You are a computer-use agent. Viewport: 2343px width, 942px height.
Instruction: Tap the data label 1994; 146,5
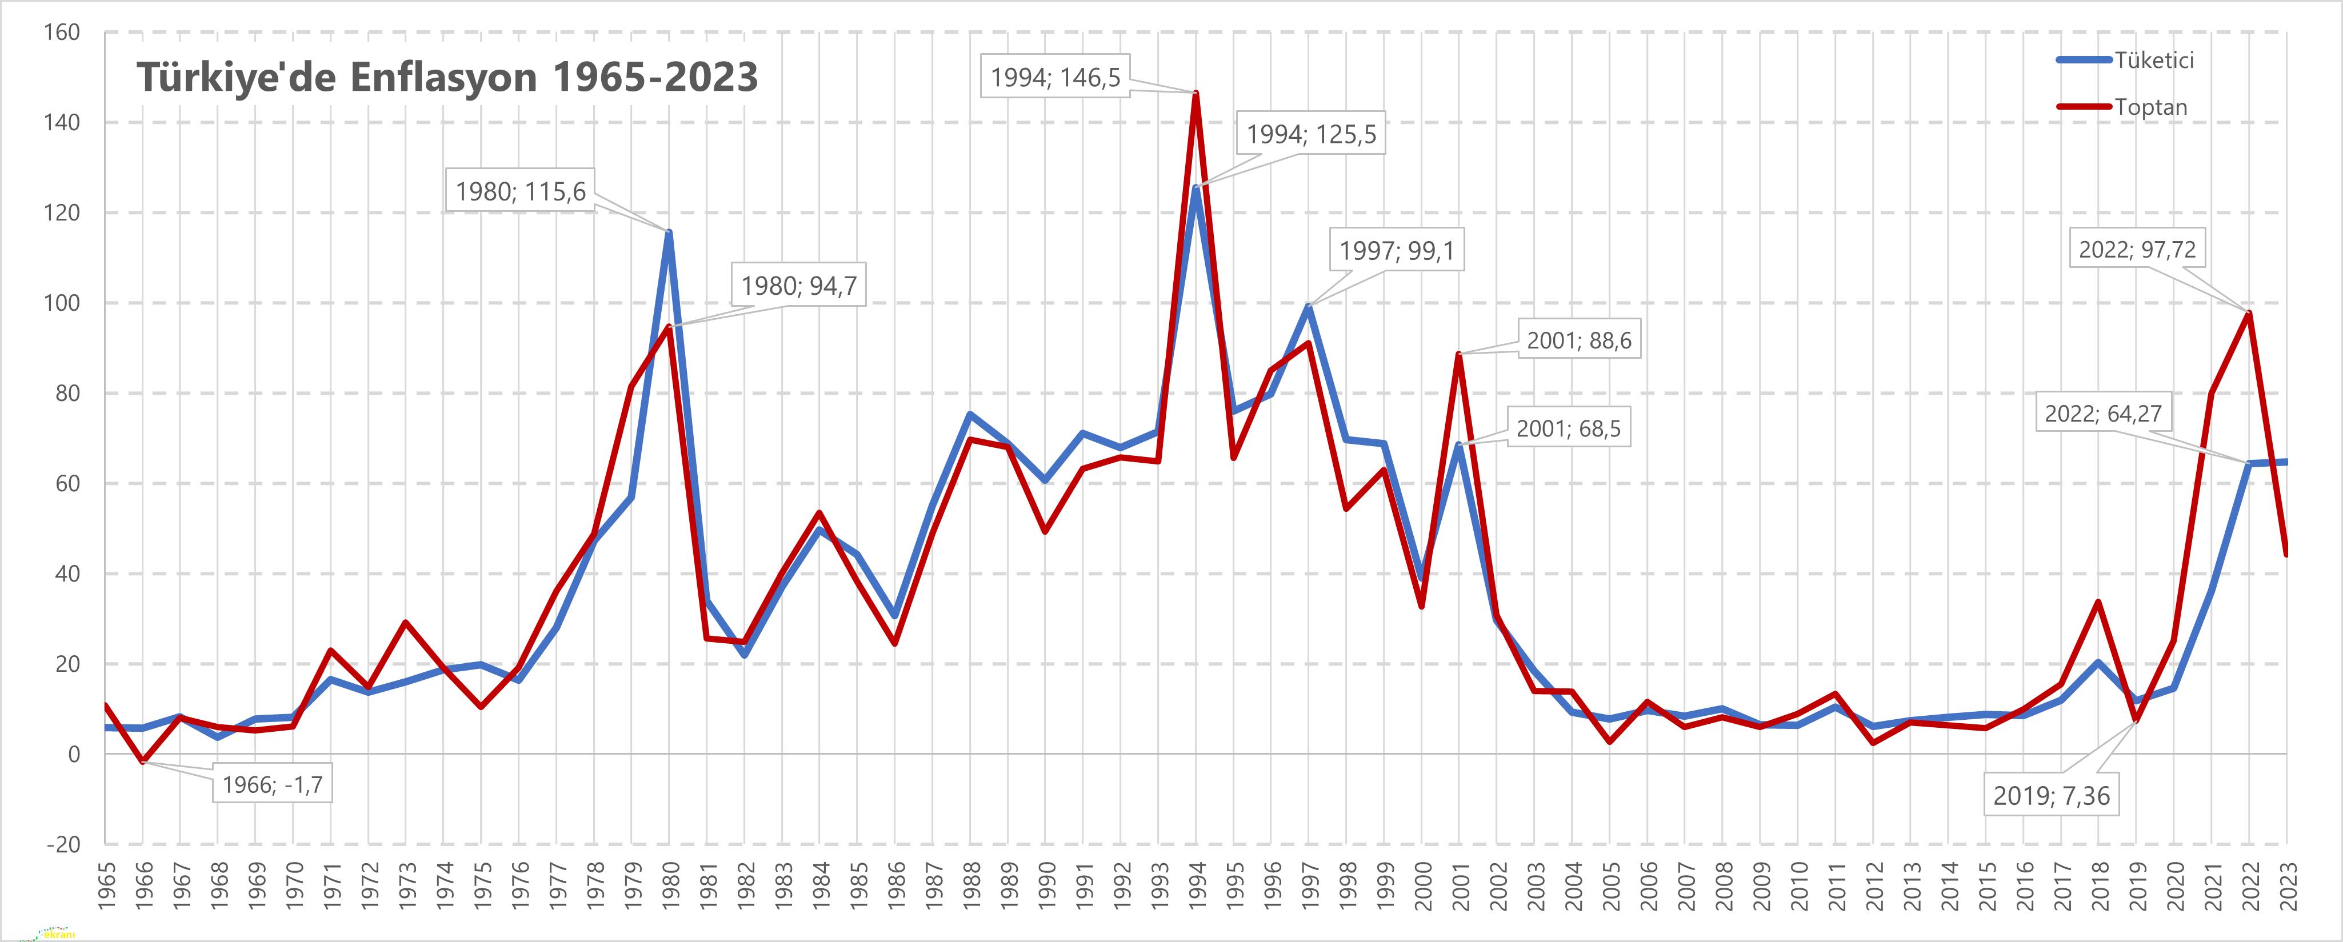pyautogui.click(x=1055, y=77)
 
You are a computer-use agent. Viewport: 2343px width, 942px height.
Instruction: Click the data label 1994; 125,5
pyautogui.click(x=1311, y=135)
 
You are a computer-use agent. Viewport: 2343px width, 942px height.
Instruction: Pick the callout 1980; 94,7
pyautogui.click(x=798, y=286)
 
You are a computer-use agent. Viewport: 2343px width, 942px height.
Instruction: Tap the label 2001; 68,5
pyautogui.click(x=1568, y=428)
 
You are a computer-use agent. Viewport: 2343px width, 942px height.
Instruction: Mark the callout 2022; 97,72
pyautogui.click(x=2137, y=249)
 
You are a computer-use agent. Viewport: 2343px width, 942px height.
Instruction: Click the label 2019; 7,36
pyautogui.click(x=2051, y=796)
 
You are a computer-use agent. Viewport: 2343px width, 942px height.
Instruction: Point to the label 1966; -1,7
pyautogui.click(x=272, y=784)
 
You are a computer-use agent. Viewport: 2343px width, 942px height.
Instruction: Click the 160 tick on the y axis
pyautogui.click(x=62, y=33)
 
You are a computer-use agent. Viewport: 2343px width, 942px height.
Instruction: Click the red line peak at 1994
pyautogui.click(x=1195, y=94)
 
